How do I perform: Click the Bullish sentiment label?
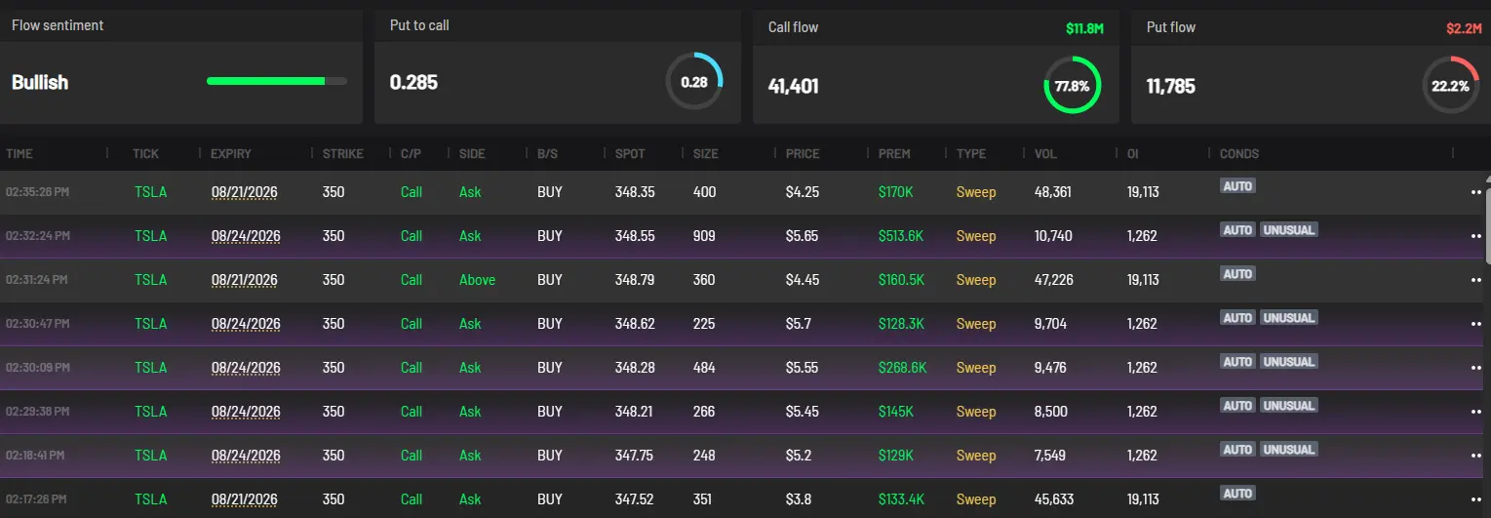tap(40, 83)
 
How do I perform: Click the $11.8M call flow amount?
tap(1084, 28)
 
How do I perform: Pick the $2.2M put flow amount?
tap(1464, 28)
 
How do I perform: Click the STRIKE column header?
tap(343, 154)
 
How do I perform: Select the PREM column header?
tap(894, 154)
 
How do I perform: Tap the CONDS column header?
tap(1238, 154)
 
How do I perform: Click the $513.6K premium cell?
tap(901, 236)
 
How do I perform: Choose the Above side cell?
tap(477, 280)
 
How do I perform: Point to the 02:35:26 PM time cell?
tap(37, 192)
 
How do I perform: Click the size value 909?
tap(704, 236)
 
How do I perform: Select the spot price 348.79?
tap(635, 280)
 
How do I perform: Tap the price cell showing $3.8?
tap(798, 499)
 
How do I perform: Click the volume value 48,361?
tap(1052, 192)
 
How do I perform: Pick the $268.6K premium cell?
tap(902, 368)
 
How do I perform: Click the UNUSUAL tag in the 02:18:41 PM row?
tap(1288, 450)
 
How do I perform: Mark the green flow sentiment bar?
tap(265, 81)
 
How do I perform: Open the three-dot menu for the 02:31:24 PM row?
tap(1475, 280)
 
